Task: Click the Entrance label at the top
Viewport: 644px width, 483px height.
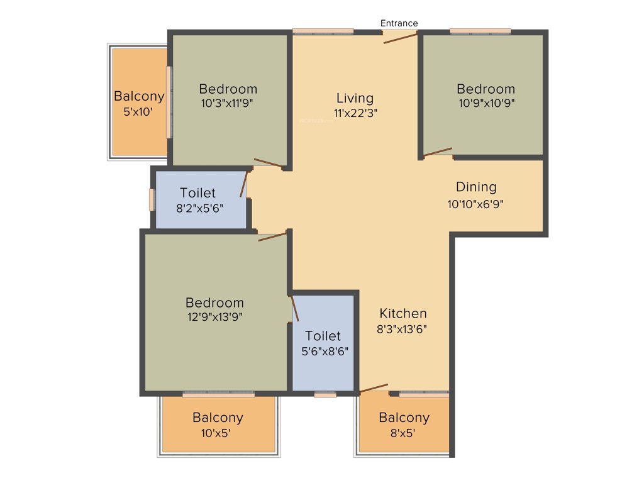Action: point(399,23)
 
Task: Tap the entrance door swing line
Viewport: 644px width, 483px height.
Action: point(401,38)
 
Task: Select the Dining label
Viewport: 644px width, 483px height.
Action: point(476,187)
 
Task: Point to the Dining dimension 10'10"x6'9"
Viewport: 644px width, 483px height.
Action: point(475,203)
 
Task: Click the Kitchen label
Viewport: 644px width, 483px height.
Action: point(403,313)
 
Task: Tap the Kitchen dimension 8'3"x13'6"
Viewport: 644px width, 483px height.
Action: point(403,328)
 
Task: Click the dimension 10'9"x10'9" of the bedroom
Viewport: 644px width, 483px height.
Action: point(486,104)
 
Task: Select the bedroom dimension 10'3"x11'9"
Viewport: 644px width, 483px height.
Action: point(228,104)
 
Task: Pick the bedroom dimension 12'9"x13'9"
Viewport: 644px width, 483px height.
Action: point(214,317)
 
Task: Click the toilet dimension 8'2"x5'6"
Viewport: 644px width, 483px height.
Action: point(197,208)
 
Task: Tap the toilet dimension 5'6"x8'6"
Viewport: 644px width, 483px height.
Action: point(323,352)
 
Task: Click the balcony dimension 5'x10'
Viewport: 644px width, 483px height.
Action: point(138,112)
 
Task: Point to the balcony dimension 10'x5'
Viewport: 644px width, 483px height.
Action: point(218,433)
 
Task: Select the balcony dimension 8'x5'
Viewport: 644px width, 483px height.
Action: point(404,433)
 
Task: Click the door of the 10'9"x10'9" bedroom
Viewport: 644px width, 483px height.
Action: point(438,152)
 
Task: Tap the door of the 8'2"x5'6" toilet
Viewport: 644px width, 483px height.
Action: point(244,184)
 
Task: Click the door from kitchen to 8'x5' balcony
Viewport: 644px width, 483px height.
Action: point(374,388)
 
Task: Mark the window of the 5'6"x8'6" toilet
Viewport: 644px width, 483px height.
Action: point(325,395)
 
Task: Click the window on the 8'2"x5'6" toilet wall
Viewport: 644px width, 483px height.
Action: point(152,199)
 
